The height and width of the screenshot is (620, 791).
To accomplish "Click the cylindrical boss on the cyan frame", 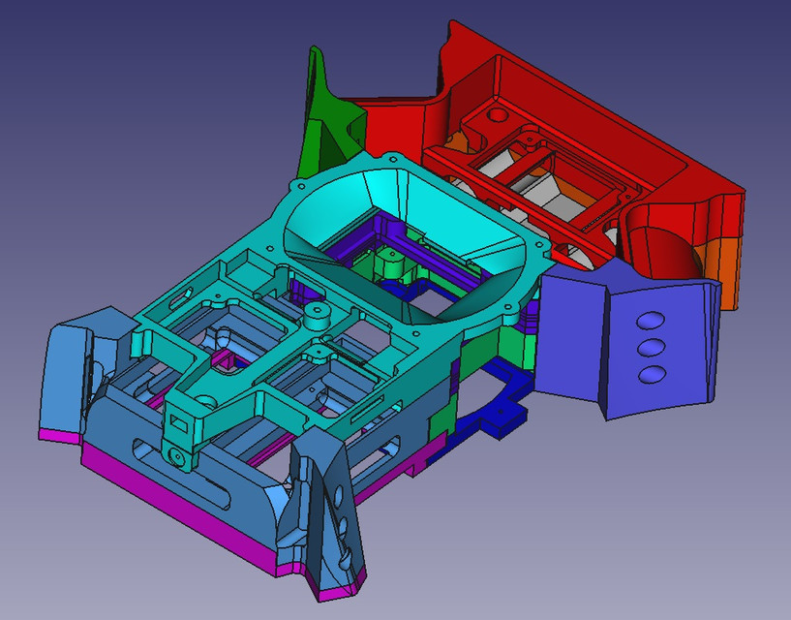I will (x=317, y=316).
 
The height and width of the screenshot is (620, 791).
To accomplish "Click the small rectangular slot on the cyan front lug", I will (x=177, y=423).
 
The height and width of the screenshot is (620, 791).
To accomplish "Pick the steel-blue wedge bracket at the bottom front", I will (x=329, y=513).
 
